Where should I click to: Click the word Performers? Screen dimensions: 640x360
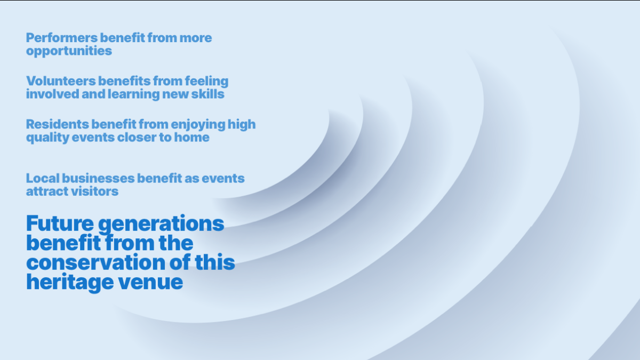click(62, 38)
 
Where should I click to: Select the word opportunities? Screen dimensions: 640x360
click(69, 51)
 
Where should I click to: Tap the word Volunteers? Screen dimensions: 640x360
click(61, 81)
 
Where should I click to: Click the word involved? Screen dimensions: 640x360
click(53, 94)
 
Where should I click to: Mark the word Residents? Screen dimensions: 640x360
click(58, 124)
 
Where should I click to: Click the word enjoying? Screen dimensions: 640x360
click(198, 125)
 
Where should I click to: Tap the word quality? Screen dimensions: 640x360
click(47, 138)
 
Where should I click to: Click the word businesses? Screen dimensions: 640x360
click(98, 178)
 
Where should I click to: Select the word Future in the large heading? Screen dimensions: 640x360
click(60, 223)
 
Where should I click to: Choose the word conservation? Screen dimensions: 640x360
click(95, 262)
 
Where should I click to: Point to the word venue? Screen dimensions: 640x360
click(150, 283)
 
